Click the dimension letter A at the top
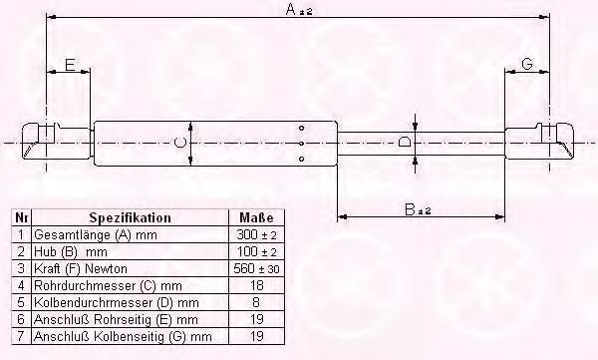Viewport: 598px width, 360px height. [291, 9]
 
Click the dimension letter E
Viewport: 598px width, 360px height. [70, 65]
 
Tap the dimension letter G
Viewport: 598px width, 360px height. [526, 64]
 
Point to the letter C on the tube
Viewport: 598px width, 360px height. [179, 144]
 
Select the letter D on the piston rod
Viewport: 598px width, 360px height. [405, 143]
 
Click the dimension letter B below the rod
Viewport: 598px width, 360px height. [410, 209]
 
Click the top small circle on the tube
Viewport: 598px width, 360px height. [301, 128]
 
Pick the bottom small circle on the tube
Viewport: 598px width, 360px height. [301, 159]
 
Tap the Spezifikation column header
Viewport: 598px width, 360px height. [130, 217]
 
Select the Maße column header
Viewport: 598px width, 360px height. [256, 217]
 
